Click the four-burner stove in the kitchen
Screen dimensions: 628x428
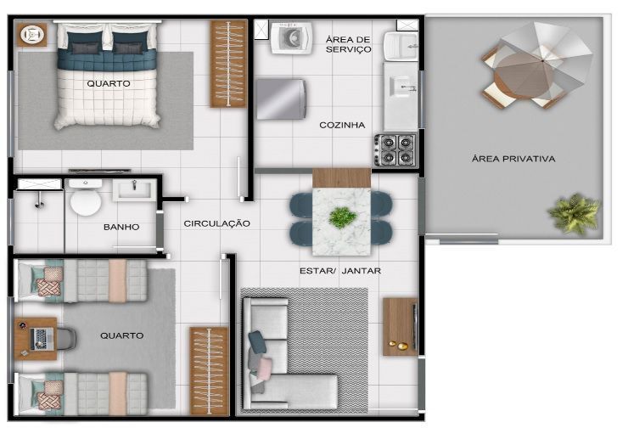(395, 149)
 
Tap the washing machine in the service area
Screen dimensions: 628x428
(291, 37)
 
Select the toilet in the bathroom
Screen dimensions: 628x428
(86, 198)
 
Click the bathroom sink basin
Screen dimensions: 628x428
(135, 189)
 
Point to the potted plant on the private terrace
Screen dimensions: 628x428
(575, 213)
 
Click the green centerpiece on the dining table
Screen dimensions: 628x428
(343, 217)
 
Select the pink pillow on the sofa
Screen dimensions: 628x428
(264, 369)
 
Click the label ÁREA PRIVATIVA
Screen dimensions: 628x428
(513, 159)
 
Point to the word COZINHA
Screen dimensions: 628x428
(342, 125)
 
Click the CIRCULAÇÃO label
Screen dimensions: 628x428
(216, 223)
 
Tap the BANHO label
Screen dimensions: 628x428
(121, 227)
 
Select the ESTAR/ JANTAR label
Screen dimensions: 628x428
(340, 271)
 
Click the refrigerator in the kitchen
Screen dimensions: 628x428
(281, 99)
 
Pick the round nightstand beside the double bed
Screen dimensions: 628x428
(31, 35)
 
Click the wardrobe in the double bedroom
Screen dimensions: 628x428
(228, 65)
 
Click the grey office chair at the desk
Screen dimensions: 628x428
(66, 339)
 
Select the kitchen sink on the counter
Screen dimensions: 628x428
(401, 87)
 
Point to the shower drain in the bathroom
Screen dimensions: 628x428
(39, 205)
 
